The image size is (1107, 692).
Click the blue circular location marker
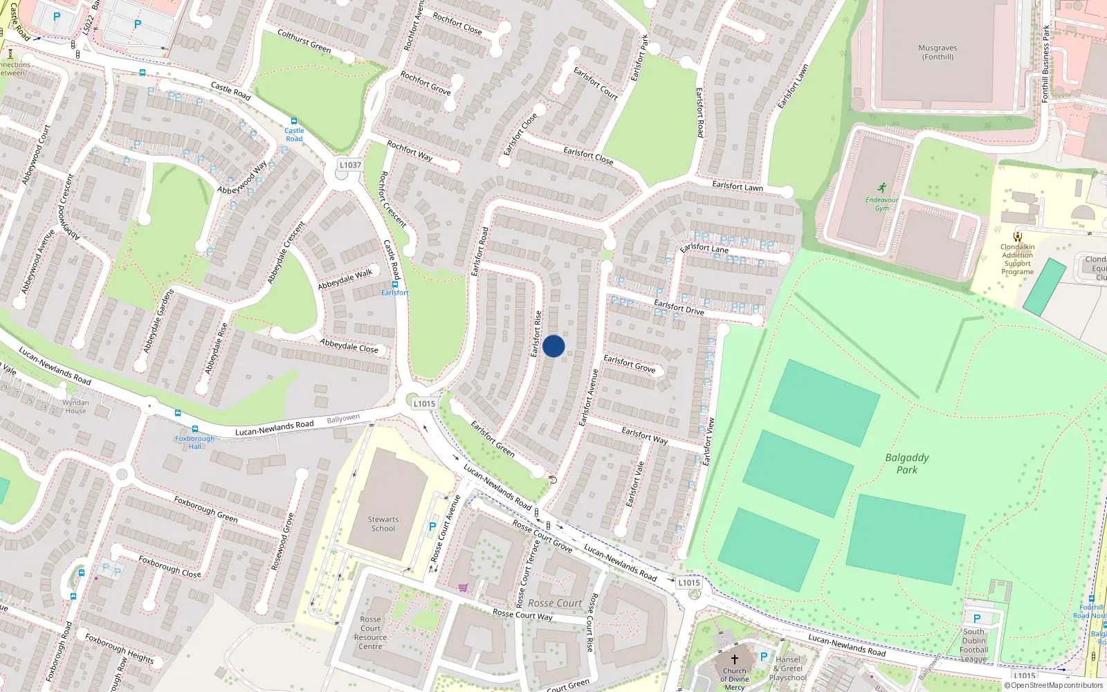553,346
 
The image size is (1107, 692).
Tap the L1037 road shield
350,165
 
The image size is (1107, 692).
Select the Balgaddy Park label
907,464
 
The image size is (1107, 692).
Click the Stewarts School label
383,524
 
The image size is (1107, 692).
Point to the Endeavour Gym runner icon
881,188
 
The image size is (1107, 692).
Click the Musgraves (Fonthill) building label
937,53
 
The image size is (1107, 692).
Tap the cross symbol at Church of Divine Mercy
735,659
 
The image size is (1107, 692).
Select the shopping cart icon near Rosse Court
463,588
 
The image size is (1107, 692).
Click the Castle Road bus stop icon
294,121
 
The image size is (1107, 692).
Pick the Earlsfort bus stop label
394,293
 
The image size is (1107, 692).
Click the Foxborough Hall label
194,442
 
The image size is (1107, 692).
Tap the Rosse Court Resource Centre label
370,633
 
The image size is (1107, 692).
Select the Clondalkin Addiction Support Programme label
1017,259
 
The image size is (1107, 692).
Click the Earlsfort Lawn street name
738,186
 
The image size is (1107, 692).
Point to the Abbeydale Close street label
349,345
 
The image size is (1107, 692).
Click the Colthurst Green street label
304,41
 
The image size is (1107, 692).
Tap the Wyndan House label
75,406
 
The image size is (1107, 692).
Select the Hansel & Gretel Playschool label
788,668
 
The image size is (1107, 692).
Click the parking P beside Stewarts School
432,527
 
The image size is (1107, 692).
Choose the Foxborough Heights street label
119,647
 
